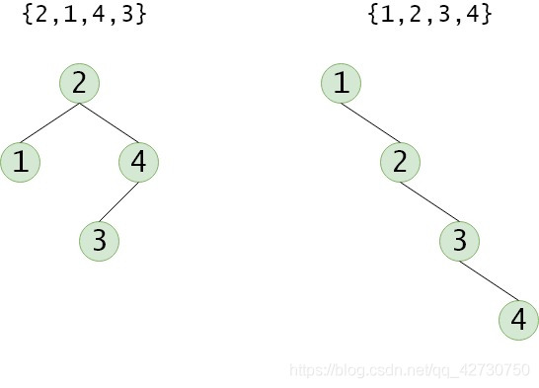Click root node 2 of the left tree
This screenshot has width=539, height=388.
tap(79, 83)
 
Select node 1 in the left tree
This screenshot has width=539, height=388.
tap(20, 162)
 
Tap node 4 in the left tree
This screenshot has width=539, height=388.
tap(138, 162)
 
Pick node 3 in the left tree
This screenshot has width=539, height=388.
tap(99, 240)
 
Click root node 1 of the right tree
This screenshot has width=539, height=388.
tap(341, 83)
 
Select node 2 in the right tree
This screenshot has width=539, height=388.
tap(400, 162)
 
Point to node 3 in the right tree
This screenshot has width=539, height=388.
tap(459, 240)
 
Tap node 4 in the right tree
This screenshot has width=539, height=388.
tap(518, 320)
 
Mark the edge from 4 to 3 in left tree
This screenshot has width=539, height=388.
tap(118, 201)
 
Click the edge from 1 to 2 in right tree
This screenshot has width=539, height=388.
tap(370, 122)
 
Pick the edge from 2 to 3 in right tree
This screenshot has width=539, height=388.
tap(429, 201)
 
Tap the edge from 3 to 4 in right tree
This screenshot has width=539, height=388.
tap(489, 280)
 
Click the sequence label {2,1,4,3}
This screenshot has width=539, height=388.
tap(85, 15)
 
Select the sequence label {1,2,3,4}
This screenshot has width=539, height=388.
tap(429, 15)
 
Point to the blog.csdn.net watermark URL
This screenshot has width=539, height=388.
tap(409, 368)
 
